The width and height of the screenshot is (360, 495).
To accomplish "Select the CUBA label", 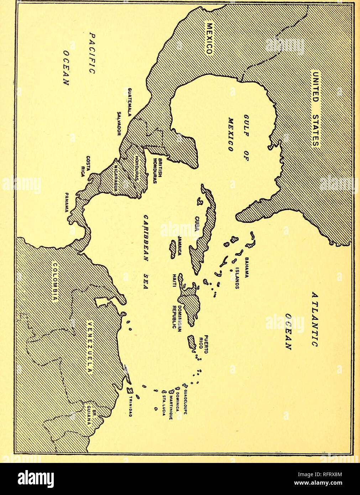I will click(x=197, y=224).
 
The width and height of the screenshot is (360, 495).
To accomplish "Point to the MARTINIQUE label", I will click(x=171, y=407).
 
